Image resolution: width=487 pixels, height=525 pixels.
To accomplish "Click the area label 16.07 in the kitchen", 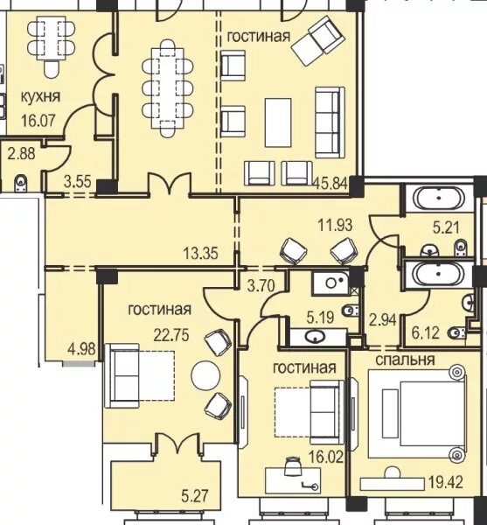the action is click(x=38, y=121).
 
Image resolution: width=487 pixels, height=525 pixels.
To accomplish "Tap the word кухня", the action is click(x=41, y=97).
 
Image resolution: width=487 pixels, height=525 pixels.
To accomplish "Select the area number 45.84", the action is click(x=330, y=184).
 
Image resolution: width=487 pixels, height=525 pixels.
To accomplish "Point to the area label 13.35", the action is click(x=201, y=253).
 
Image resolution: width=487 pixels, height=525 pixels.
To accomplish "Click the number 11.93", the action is click(x=335, y=225).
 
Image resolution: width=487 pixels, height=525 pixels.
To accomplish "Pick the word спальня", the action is click(x=405, y=360).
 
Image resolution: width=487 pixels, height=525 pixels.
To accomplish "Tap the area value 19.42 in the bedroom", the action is click(x=446, y=482).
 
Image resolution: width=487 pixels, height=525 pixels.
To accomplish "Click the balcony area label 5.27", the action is click(x=195, y=496).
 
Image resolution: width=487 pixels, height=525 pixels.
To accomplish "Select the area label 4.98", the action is click(x=81, y=349).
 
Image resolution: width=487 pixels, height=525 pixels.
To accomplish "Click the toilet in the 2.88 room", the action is click(x=21, y=184).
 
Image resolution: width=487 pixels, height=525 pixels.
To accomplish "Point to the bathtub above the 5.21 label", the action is click(x=439, y=199).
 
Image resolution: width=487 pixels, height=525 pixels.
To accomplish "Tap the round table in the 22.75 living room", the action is click(x=205, y=375).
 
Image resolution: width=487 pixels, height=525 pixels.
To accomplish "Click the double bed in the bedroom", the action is click(x=417, y=414).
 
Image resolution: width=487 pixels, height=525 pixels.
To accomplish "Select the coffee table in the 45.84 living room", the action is click(x=278, y=122).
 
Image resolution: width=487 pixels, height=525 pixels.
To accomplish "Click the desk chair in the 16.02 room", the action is click(x=293, y=466).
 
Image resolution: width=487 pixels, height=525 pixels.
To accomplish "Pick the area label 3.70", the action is click(x=261, y=285).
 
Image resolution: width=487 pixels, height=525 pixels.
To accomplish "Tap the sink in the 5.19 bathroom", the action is click(x=315, y=337).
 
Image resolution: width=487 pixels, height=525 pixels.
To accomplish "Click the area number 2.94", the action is click(x=383, y=319).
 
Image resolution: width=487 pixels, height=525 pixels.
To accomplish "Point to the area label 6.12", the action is click(x=425, y=332).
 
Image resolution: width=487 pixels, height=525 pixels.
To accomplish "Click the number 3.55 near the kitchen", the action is click(x=78, y=182).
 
